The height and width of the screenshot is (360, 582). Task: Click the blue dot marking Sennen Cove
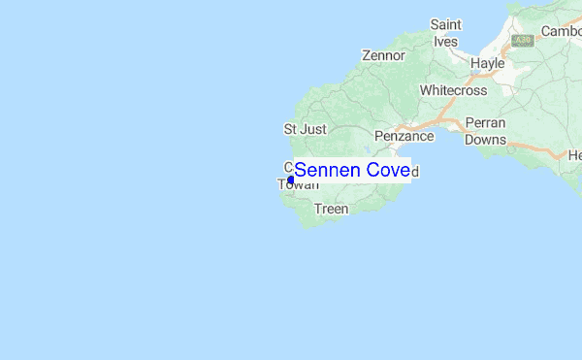291,179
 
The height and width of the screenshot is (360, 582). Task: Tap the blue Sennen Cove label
352,171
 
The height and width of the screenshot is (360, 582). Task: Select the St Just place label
305,128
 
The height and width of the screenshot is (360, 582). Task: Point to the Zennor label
383,55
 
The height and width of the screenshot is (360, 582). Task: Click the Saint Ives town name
445,32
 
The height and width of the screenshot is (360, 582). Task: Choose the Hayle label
487,63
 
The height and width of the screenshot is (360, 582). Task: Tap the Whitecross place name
453,90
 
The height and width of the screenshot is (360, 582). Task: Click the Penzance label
404,137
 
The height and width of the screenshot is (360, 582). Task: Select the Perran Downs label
485,132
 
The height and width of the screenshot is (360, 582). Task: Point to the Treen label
331,209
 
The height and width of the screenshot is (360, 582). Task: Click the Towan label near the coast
298,183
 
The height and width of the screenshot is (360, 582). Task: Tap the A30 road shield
523,41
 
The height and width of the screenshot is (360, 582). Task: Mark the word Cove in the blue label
385,171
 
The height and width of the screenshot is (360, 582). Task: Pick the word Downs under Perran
485,140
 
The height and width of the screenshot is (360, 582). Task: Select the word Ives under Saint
445,41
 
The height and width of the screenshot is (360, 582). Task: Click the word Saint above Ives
445,23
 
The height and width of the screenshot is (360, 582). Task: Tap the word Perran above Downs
485,124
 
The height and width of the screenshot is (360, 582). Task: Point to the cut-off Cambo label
561,31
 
